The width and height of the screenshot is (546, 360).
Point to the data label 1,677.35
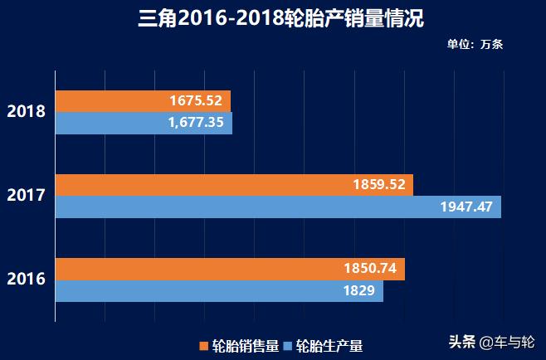pos(196,123)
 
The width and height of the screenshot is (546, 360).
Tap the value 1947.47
pos(466,207)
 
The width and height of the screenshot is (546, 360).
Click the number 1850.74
pos(370,269)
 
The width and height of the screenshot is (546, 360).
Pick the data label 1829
pos(358,291)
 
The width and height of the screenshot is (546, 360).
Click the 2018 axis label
pos(26,111)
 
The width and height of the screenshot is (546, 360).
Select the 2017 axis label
pos(26,196)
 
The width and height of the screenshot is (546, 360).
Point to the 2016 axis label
pos(26,280)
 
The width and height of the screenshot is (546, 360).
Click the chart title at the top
pos(274,18)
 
